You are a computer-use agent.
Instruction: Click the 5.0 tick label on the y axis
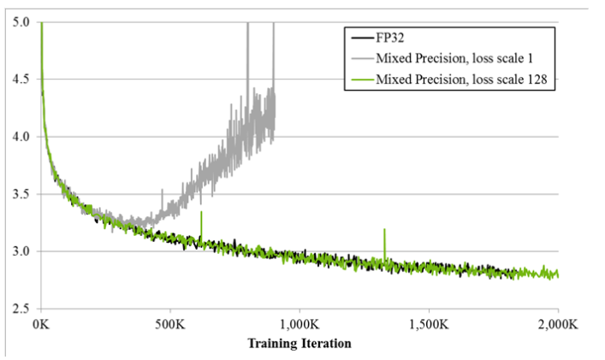(x=21, y=22)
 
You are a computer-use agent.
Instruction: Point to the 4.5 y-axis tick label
(x=21, y=80)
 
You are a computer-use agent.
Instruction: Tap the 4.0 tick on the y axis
(x=21, y=137)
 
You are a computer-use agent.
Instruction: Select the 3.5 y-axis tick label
(x=21, y=194)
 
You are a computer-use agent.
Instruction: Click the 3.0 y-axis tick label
(x=21, y=251)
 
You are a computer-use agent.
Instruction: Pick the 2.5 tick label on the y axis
(x=21, y=309)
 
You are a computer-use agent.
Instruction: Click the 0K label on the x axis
(x=41, y=325)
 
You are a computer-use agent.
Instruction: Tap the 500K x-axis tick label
(x=170, y=325)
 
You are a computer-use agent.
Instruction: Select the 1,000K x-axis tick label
(x=300, y=325)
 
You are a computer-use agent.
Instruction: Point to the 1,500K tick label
(x=429, y=325)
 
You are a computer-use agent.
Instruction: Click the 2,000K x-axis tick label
(x=557, y=325)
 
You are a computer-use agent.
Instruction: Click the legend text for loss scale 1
(x=451, y=59)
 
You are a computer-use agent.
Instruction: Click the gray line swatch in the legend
(x=359, y=59)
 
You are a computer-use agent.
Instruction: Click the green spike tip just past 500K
(x=201, y=211)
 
